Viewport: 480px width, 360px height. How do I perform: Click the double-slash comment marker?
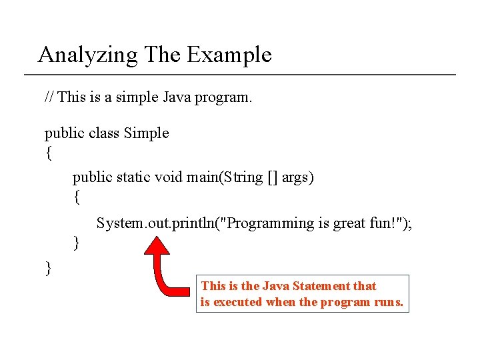click(49, 97)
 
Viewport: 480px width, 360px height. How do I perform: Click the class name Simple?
click(147, 133)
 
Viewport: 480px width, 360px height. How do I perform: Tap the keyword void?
click(169, 177)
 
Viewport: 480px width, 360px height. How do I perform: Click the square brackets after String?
click(272, 177)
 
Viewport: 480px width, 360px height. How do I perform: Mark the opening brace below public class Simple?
click(48, 153)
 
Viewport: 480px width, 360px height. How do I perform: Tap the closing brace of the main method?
click(76, 242)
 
